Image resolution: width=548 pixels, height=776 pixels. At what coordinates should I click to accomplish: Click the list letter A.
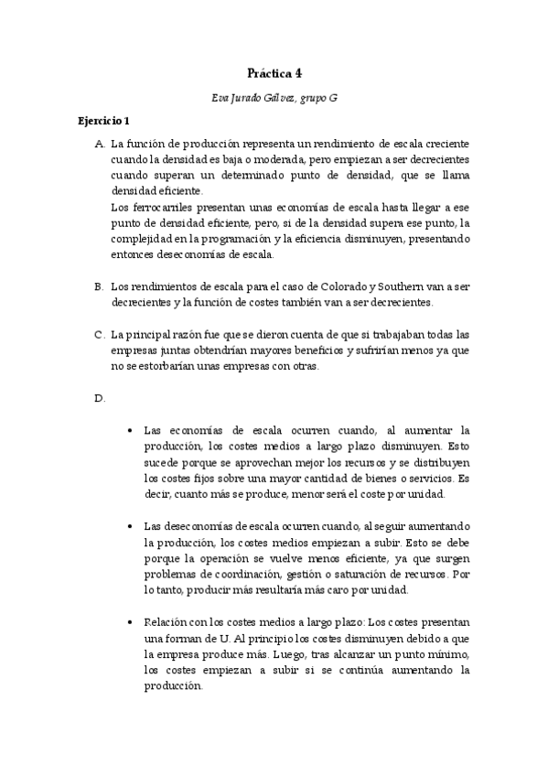pyautogui.click(x=99, y=145)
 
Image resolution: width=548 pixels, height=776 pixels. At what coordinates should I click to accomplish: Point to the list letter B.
pyautogui.click(x=99, y=286)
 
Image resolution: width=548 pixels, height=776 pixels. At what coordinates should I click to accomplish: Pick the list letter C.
pyautogui.click(x=99, y=334)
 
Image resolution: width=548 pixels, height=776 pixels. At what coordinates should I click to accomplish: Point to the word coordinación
pyautogui.click(x=250, y=574)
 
